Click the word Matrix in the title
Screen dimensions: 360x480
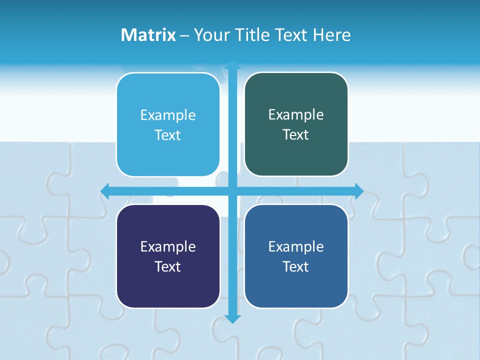tap(148, 35)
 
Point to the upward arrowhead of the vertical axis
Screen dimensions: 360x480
tap(232, 65)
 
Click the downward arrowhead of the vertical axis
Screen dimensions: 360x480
tap(232, 318)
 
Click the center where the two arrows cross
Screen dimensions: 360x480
tap(232, 191)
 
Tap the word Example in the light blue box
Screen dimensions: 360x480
tap(168, 115)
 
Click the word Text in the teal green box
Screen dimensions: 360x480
tap(296, 135)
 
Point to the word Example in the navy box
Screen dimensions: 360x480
tap(168, 246)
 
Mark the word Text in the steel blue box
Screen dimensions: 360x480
tap(296, 266)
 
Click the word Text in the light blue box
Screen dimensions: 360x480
tap(168, 135)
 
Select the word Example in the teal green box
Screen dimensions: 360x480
tap(296, 115)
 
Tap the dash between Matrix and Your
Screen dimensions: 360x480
tap(184, 35)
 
